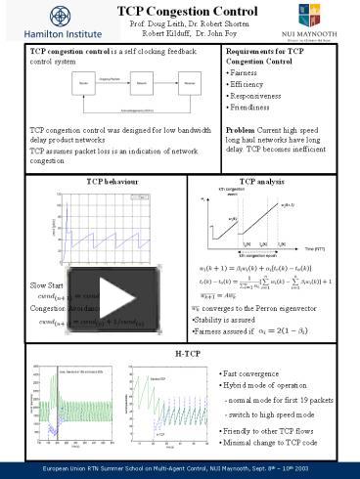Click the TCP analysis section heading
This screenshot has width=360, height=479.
[x=261, y=182]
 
